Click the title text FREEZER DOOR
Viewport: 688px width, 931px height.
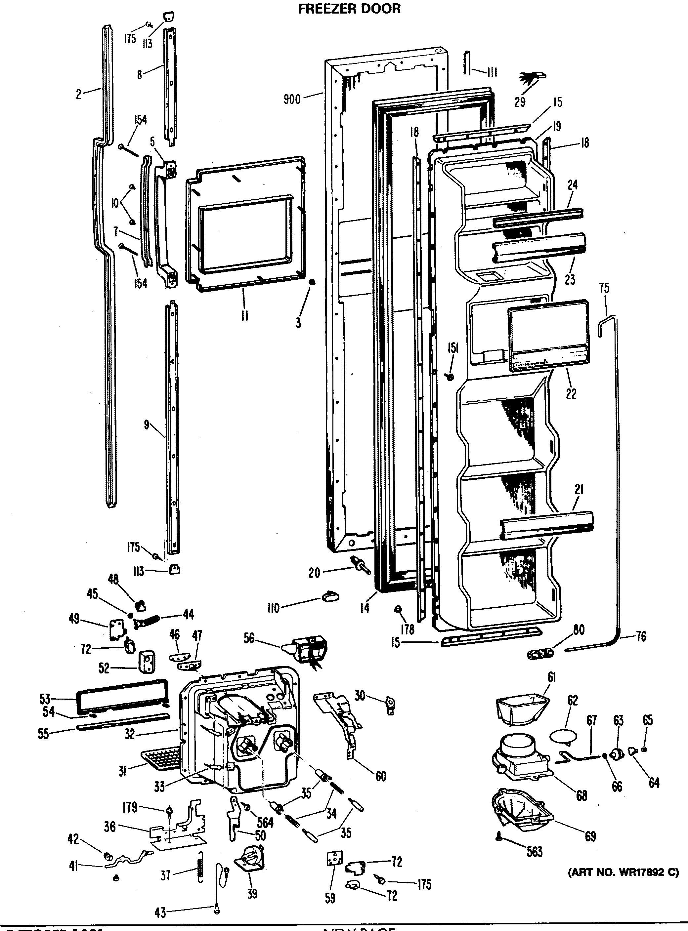[349, 9]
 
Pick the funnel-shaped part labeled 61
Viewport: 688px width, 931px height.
[522, 708]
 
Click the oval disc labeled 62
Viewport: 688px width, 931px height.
[564, 736]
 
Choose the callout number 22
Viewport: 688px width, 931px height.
[571, 394]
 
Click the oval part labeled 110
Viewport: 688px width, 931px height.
[330, 597]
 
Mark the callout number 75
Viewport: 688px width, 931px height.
[604, 288]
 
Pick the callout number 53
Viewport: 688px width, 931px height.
[45, 699]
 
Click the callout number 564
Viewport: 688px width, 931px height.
[265, 822]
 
